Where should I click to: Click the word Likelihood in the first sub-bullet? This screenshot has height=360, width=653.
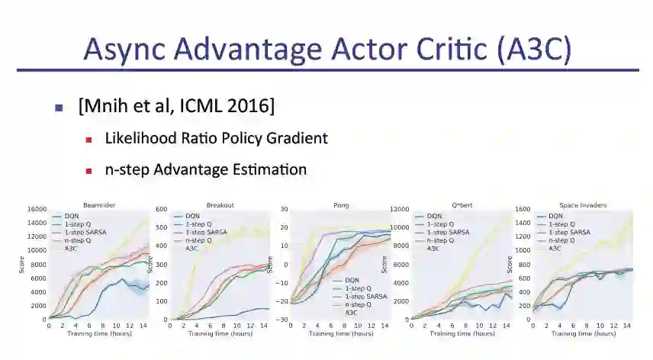coord(142,138)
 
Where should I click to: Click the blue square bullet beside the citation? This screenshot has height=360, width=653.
coord(59,108)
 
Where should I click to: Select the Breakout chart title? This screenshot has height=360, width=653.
coord(220,204)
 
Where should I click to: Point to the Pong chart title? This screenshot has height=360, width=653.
coord(341,204)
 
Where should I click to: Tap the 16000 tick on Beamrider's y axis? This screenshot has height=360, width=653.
coord(36,210)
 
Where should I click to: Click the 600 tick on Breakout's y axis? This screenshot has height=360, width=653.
coord(162,210)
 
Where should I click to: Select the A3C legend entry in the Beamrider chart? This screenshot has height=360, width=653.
coord(72,249)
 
